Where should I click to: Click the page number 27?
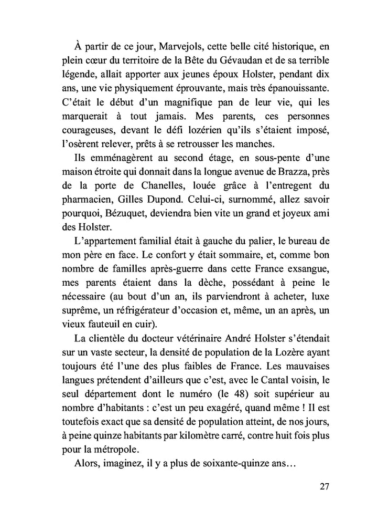click(x=323, y=485)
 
